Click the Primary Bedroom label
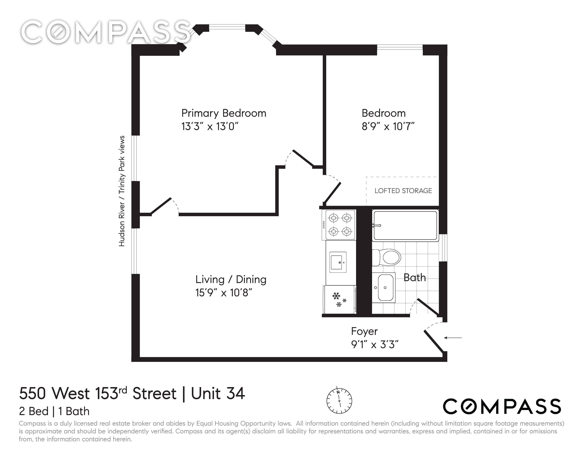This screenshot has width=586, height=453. tap(224, 113)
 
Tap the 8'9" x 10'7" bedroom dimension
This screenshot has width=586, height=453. tap(388, 126)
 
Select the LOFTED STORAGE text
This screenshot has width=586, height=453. tap(403, 191)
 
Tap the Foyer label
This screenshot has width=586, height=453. tap(364, 332)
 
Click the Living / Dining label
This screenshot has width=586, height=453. tap(231, 280)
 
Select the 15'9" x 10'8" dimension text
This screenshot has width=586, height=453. tap(224, 293)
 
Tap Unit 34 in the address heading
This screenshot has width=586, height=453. tap(218, 393)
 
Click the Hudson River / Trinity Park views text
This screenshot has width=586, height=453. tap(122, 191)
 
